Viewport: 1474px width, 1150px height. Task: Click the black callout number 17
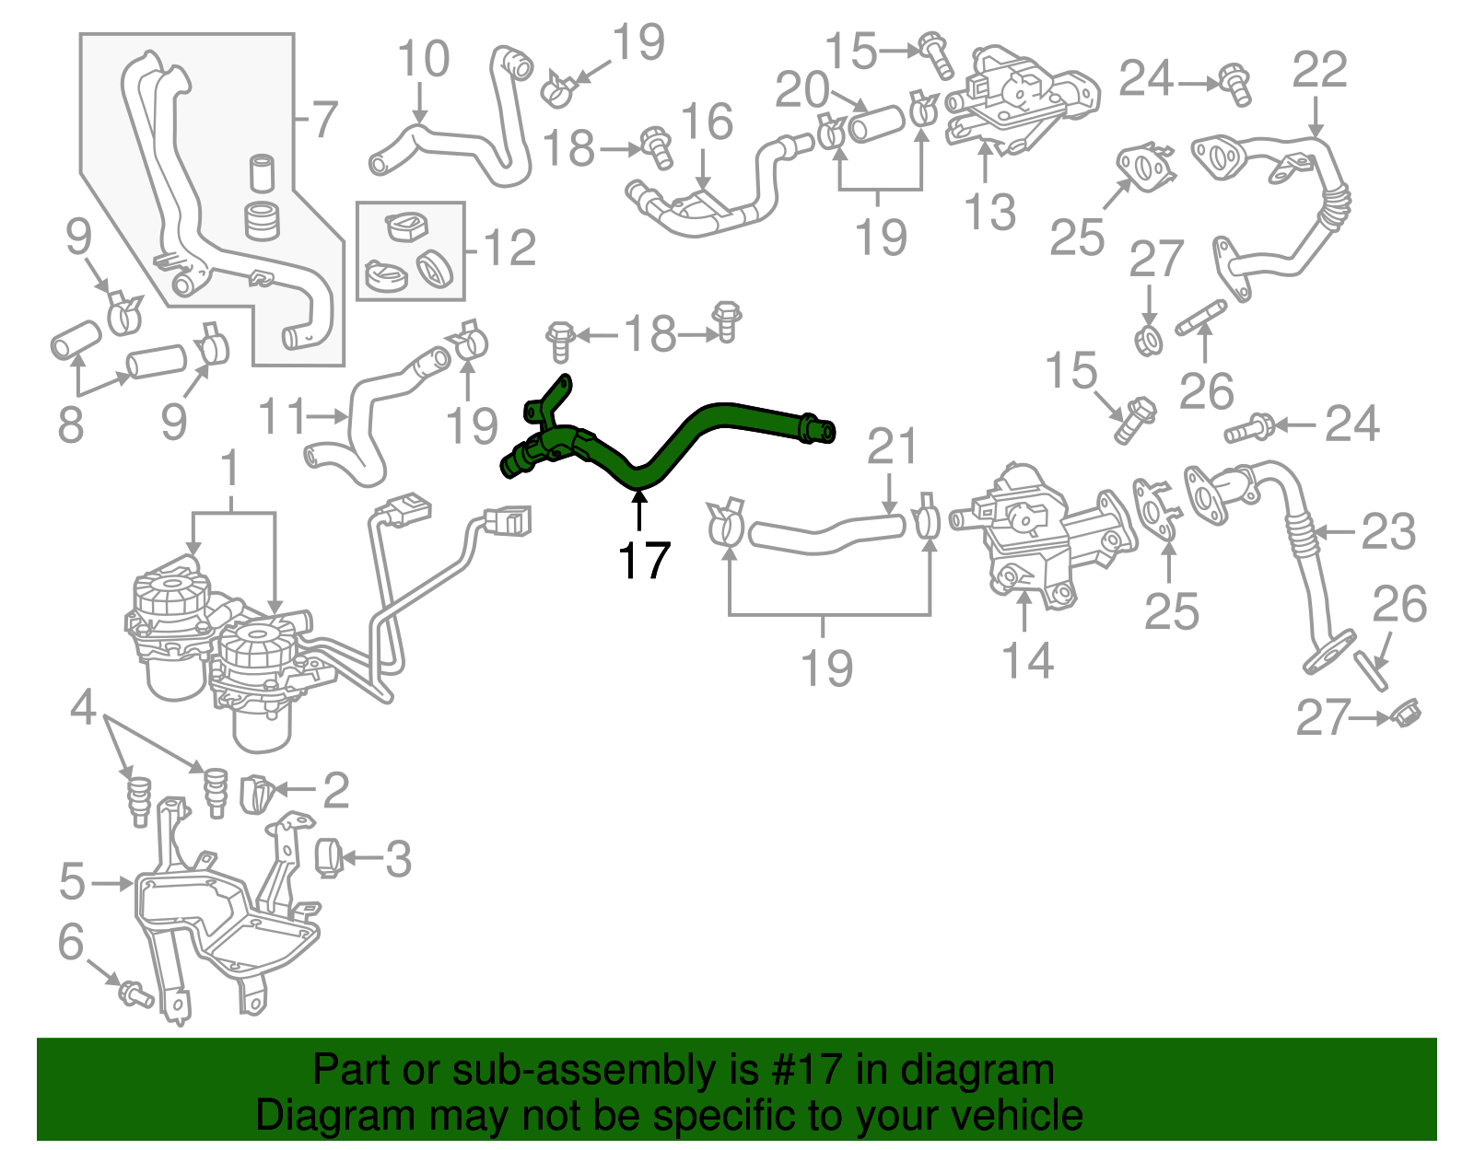[x=643, y=560]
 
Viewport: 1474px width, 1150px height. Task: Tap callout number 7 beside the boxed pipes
[x=323, y=120]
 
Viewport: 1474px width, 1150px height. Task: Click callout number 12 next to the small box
[x=509, y=249]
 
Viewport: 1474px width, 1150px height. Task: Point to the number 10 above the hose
[x=423, y=59]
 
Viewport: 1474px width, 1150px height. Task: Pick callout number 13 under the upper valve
[x=990, y=212]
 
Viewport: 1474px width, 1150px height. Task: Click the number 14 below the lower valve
[x=1026, y=660]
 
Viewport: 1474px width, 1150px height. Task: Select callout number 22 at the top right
[x=1319, y=70]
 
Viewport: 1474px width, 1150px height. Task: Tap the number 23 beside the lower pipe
[x=1388, y=531]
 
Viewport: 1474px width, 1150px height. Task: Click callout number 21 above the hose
[x=892, y=447]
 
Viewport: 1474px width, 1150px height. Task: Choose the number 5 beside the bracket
[x=73, y=881]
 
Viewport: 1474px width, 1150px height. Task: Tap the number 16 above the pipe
[x=707, y=122]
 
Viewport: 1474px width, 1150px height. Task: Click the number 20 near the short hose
[x=802, y=90]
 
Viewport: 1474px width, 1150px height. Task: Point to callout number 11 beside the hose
[x=282, y=416]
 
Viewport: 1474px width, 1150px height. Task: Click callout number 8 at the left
[x=71, y=424]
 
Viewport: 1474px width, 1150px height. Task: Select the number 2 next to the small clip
[x=336, y=790]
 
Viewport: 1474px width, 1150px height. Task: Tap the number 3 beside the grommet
[x=397, y=859]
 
